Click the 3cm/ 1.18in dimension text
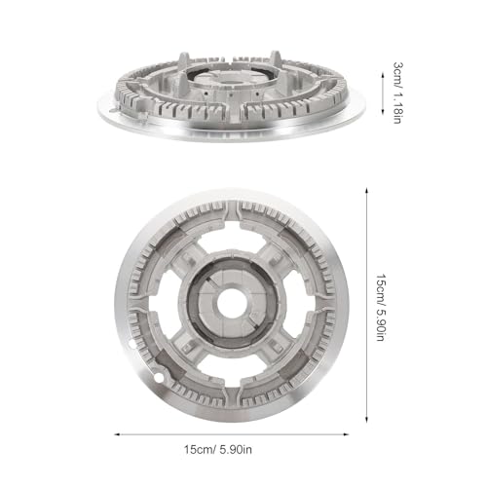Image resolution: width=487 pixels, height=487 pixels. click(x=398, y=93)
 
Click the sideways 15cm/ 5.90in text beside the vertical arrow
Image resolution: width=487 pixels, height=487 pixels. click(x=381, y=307)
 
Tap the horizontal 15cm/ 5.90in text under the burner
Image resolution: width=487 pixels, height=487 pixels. click(x=218, y=450)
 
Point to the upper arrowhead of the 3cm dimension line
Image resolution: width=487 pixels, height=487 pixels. click(x=383, y=75)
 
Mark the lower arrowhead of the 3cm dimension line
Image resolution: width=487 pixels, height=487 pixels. click(x=383, y=112)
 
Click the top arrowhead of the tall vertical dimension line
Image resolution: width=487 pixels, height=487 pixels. click(x=366, y=190)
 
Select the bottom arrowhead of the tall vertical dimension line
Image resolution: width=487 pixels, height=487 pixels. click(x=366, y=420)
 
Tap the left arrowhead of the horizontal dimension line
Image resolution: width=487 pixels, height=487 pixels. click(x=118, y=434)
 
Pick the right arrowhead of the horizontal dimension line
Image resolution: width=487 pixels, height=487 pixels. click(x=346, y=434)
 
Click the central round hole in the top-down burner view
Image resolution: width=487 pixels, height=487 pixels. click(x=230, y=303)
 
